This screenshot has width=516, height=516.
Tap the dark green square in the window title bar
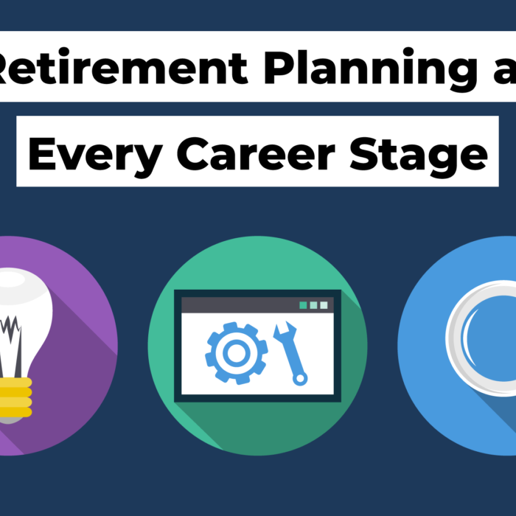click(303, 304)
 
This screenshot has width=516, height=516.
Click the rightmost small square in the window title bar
click(324, 304)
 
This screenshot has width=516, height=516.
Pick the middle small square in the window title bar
click(313, 304)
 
